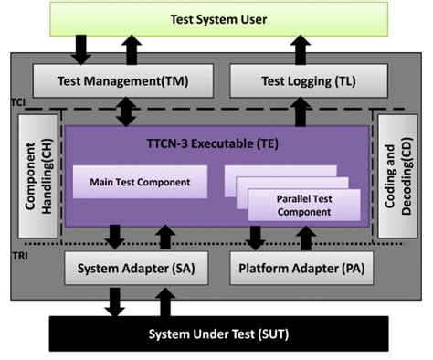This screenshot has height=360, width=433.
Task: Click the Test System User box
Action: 216,18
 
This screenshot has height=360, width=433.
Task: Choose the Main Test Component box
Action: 140,182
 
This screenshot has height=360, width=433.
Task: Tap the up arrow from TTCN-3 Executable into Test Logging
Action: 299,111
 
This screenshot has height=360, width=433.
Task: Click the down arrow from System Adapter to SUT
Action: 114,301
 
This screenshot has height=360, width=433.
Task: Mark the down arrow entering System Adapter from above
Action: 115,238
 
